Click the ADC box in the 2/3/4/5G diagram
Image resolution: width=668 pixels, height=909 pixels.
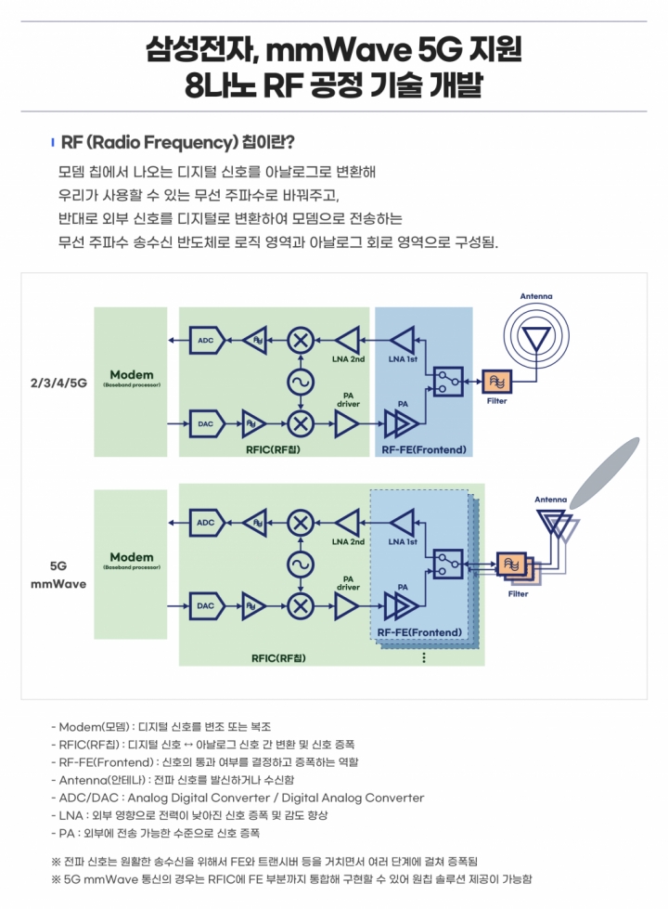tap(207, 341)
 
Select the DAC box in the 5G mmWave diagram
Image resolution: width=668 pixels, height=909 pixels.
tap(207, 605)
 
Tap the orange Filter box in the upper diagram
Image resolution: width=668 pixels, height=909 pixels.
tap(496, 382)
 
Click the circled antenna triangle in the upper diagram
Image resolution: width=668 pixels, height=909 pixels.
tap(536, 337)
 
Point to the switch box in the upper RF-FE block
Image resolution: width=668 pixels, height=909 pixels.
tap(448, 382)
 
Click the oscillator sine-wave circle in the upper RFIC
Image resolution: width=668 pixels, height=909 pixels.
tap(300, 382)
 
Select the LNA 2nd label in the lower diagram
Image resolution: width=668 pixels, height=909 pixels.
tap(348, 541)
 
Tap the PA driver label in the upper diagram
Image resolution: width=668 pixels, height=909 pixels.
tap(348, 399)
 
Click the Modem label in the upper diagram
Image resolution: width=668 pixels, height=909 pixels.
tap(132, 374)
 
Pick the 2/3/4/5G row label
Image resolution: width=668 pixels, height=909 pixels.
tap(58, 383)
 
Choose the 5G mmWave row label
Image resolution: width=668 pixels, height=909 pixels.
tap(58, 575)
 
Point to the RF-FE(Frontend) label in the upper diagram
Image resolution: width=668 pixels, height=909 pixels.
tap(424, 449)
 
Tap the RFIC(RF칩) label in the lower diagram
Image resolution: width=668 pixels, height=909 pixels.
tap(278, 658)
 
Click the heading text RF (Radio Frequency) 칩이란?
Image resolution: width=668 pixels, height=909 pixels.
tap(178, 142)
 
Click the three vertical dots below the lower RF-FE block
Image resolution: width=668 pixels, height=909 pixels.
tap(424, 657)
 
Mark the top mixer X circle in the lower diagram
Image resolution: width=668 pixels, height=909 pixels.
tap(300, 523)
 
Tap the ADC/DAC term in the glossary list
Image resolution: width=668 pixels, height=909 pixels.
tap(89, 798)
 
